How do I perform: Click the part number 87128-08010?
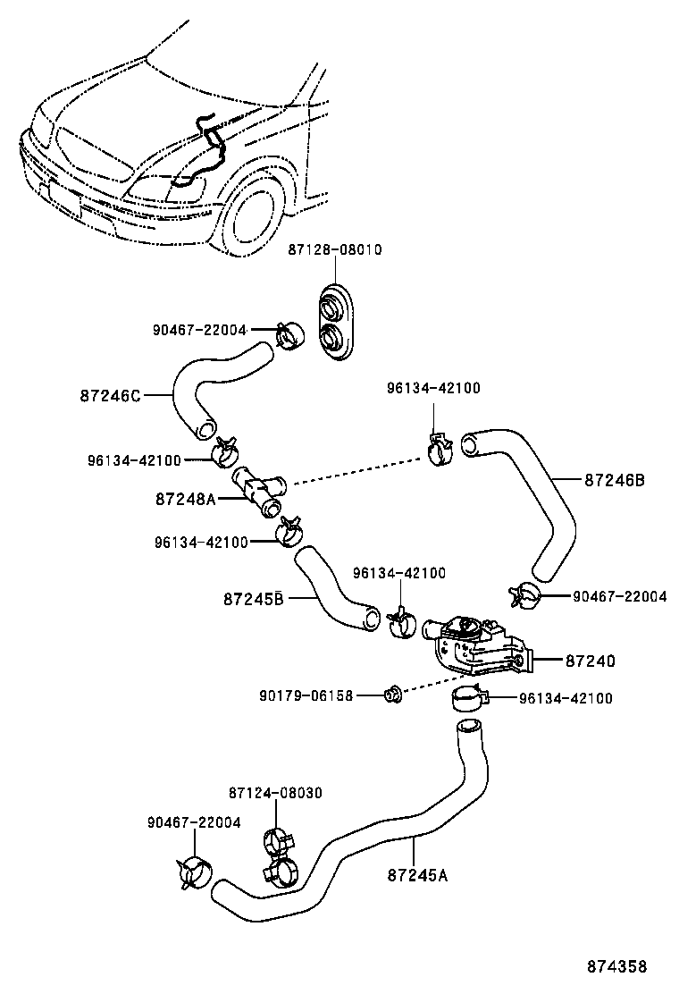[x=334, y=250]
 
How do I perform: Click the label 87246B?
[x=615, y=480]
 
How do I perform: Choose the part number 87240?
[x=590, y=661]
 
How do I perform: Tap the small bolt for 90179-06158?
[x=390, y=694]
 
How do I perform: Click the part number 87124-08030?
[x=275, y=792]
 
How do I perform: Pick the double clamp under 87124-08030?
[x=280, y=854]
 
